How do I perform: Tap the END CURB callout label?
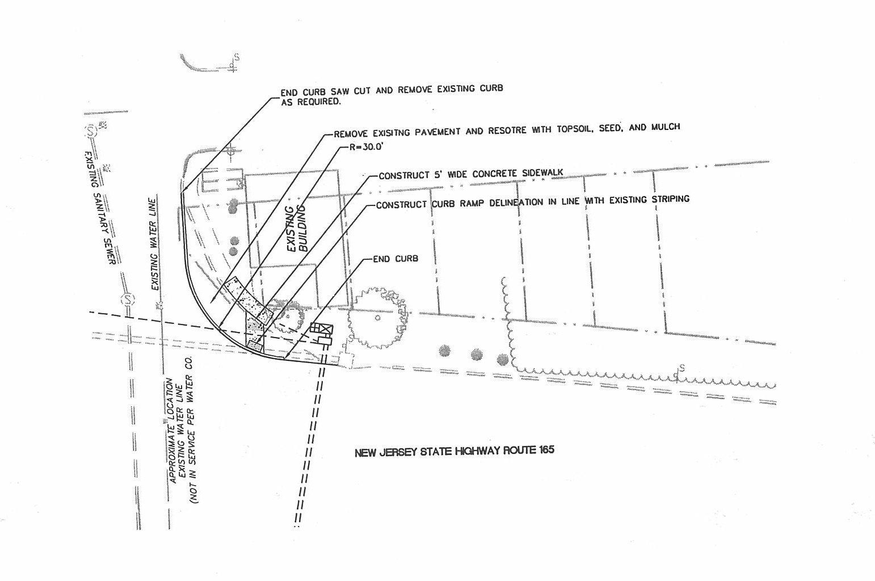click(x=396, y=259)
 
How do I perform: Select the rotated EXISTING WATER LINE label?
click(x=153, y=244)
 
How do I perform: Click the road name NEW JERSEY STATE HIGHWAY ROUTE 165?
click(x=454, y=451)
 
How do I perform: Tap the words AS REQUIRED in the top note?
click(x=310, y=102)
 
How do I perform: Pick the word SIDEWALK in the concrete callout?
click(x=542, y=172)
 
